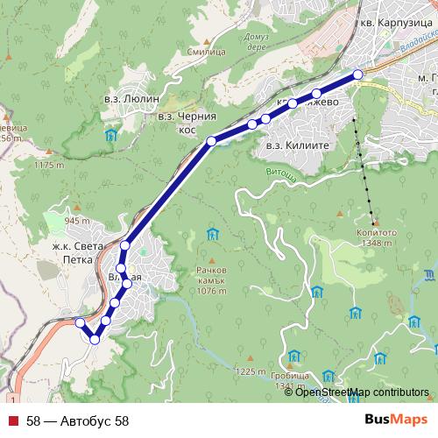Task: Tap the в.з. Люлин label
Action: tap(132, 100)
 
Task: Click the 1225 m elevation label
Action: tap(250, 371)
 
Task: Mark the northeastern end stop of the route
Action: tap(357, 74)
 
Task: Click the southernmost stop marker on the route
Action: tap(95, 339)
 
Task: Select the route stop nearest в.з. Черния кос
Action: tap(211, 140)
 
